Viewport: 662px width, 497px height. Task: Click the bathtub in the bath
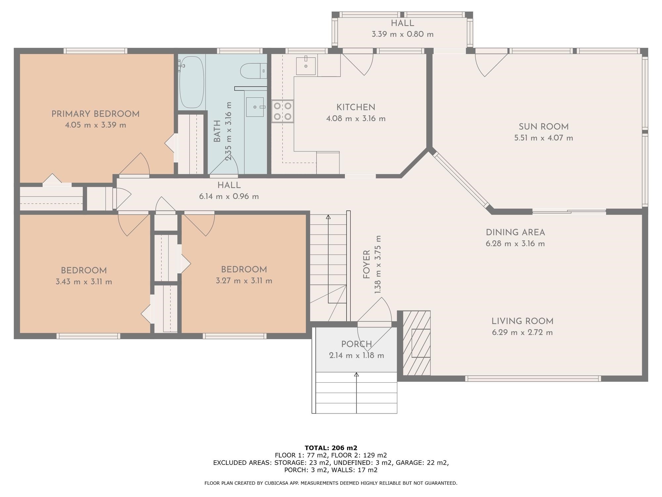(191, 82)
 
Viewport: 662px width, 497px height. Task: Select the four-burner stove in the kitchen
(283, 111)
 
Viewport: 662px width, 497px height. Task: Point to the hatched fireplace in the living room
(417, 343)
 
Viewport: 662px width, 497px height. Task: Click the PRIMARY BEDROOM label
(95, 114)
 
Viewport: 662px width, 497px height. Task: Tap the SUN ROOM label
(544, 127)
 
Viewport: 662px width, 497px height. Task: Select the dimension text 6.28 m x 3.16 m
(515, 244)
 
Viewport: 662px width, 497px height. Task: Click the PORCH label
(356, 344)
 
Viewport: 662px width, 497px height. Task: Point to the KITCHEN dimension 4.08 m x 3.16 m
(356, 119)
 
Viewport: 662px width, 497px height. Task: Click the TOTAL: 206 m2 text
(331, 448)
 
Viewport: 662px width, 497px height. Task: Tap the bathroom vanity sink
(255, 107)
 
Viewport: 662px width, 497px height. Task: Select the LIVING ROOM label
(522, 321)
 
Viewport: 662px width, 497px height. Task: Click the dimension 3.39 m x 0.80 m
(402, 34)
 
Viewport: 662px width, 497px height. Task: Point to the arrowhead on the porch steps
(356, 375)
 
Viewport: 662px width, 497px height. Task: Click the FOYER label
(366, 264)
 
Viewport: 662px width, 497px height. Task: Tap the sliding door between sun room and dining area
(569, 211)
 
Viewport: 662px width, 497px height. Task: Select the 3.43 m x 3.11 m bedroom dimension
(84, 282)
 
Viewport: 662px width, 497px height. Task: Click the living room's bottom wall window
(533, 378)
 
